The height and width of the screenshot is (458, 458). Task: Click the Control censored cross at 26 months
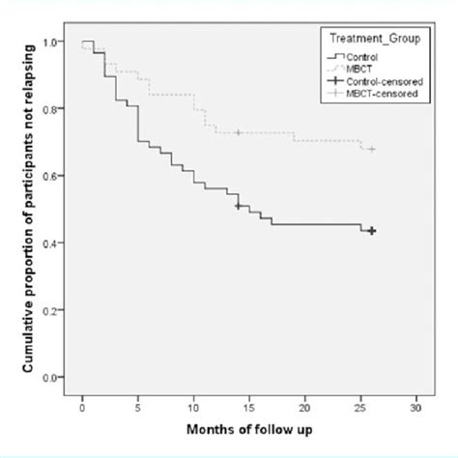(x=372, y=231)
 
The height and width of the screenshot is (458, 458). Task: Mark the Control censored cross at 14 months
(x=238, y=206)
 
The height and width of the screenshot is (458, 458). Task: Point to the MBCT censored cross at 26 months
(x=372, y=149)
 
